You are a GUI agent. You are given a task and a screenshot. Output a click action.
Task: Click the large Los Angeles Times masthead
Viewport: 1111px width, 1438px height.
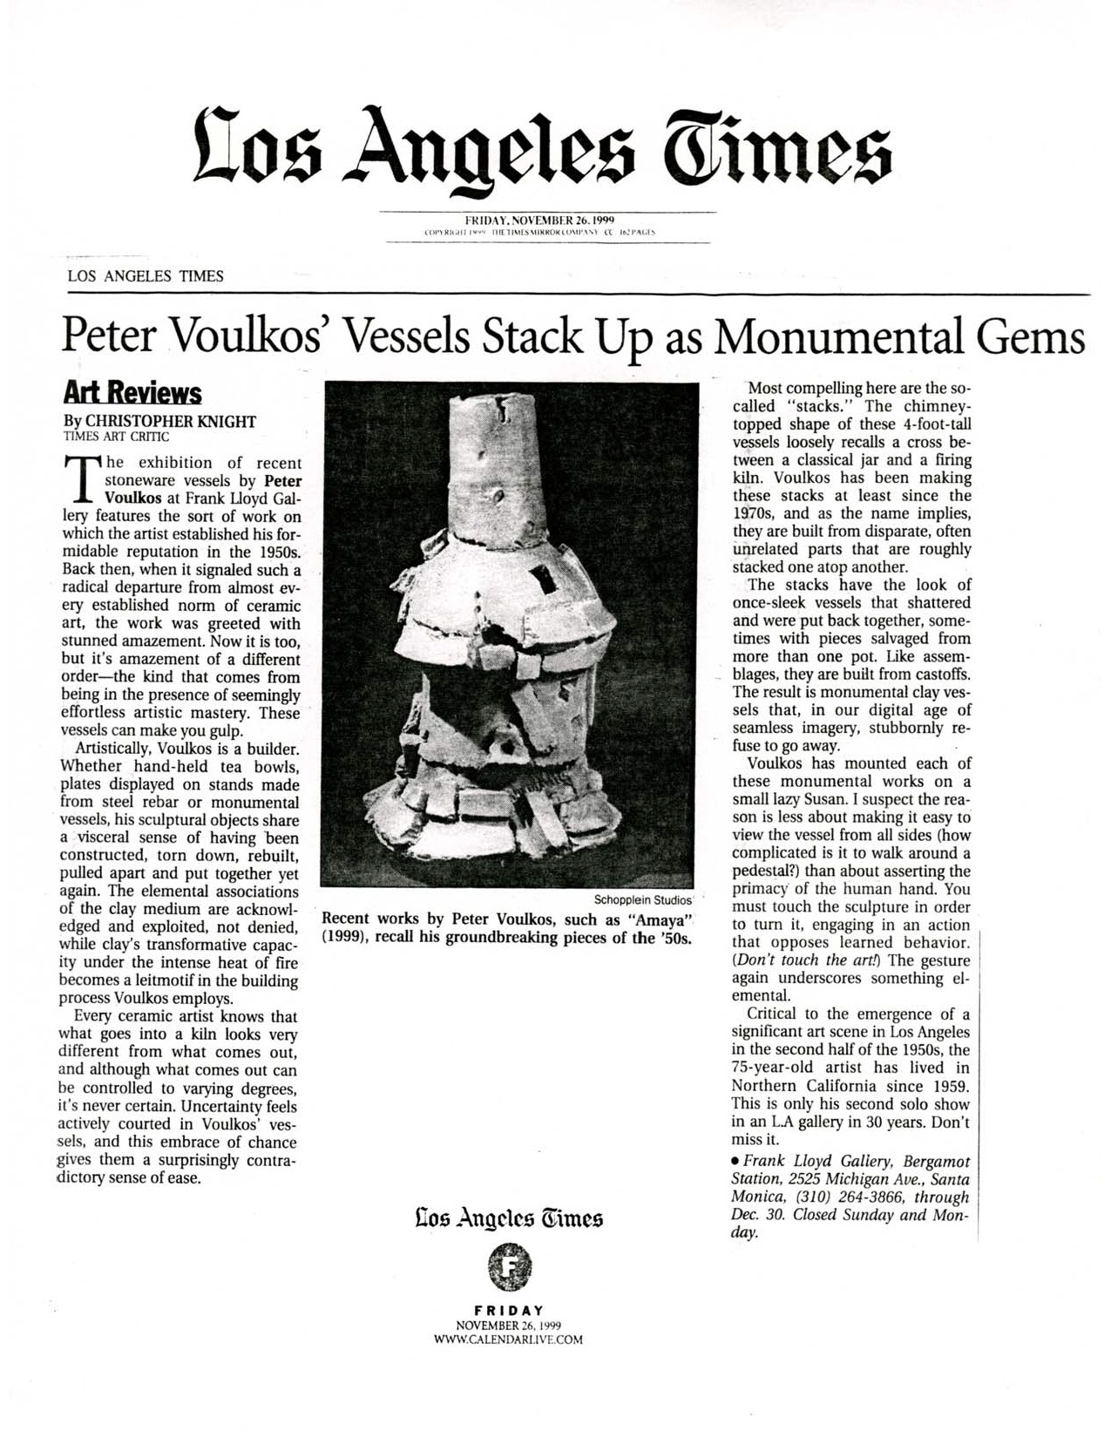coord(542,143)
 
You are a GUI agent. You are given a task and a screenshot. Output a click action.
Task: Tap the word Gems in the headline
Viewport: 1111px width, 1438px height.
coord(1039,337)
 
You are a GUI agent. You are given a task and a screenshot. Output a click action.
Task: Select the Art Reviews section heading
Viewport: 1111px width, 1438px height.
coord(133,393)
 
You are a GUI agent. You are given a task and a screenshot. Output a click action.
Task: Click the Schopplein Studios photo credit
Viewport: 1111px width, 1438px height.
coord(642,899)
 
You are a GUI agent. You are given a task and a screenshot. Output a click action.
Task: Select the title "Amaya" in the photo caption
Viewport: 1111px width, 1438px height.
coord(659,919)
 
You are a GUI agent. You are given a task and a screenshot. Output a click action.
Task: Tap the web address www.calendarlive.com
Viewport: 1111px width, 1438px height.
coord(508,1340)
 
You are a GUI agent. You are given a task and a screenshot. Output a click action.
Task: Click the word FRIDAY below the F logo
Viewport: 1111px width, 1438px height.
coord(509,1310)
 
